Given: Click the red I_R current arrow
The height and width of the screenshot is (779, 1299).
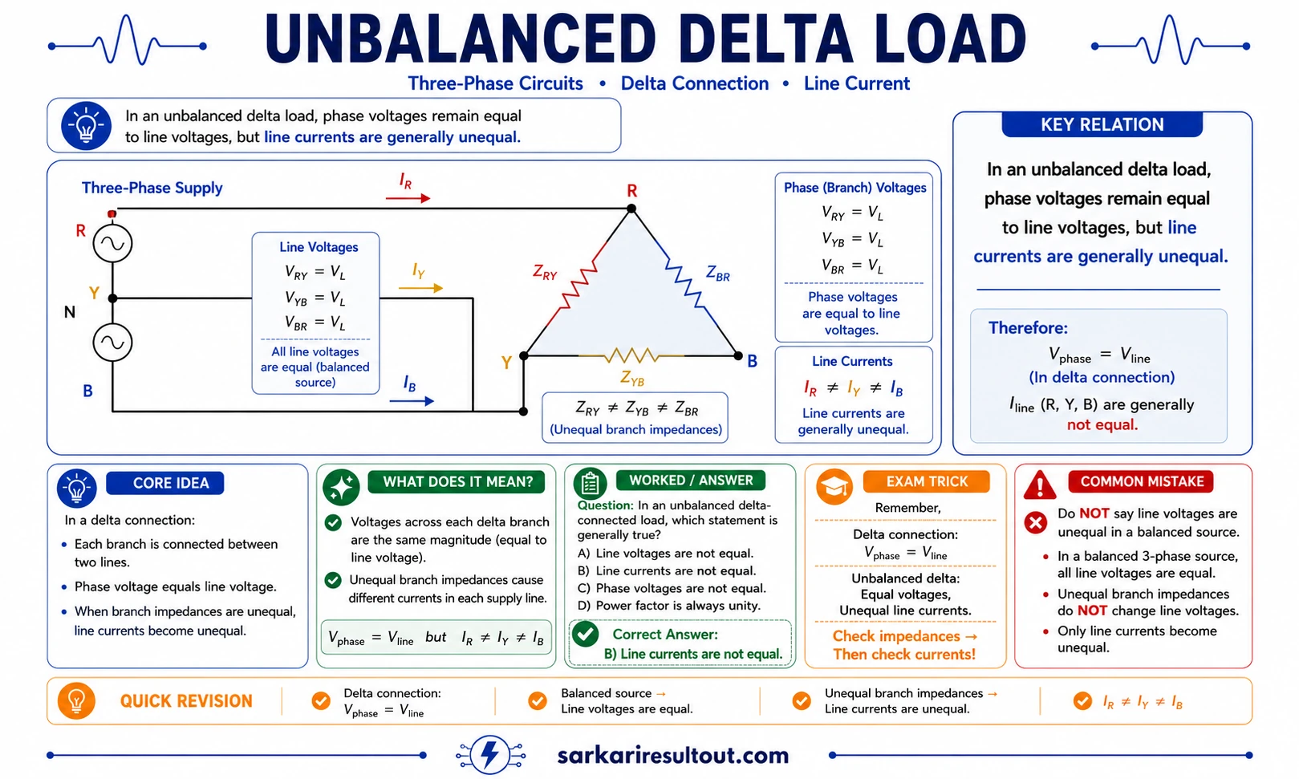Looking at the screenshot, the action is pos(408,198).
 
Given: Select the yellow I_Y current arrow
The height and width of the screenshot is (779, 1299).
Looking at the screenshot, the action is pos(420,288).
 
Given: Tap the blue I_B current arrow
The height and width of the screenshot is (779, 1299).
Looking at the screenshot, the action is pos(412,401).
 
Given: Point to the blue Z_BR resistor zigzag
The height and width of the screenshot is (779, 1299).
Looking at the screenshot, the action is pos(684,283).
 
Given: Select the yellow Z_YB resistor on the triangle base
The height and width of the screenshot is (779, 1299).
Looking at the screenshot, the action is pos(631,355).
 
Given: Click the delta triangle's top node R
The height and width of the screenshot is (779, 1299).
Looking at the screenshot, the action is pos(631,209).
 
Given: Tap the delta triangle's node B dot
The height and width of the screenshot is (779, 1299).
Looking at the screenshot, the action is pos(738,355).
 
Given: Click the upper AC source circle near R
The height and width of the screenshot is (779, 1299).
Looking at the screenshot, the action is pos(112,243).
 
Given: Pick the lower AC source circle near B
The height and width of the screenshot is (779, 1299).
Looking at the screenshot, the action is pos(112,343).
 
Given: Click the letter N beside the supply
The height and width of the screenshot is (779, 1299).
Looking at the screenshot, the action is pos(70,312).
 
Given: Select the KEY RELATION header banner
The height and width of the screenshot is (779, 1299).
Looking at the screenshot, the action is pos(1102,124).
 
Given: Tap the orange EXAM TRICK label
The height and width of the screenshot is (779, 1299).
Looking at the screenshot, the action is pos(926,481).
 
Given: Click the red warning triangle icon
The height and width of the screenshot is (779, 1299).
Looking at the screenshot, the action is pos(1040,485).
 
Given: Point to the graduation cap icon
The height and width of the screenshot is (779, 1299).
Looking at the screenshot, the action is pos(834,486).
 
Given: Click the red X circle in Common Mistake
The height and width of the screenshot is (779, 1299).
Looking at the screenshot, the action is pos(1035,522).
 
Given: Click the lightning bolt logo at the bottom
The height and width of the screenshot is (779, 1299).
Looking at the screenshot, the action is pos(490,755).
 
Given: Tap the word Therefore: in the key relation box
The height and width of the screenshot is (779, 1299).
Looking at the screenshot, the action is pos(1028,327).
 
